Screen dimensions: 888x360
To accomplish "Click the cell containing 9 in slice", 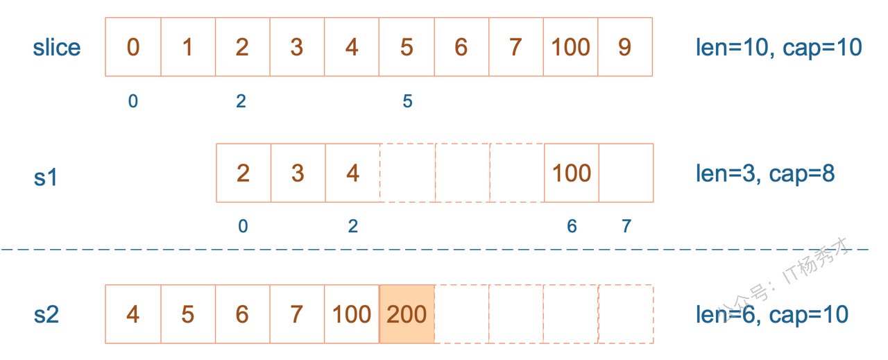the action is pos(625,46).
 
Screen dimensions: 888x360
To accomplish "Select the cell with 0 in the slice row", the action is pos(133,46).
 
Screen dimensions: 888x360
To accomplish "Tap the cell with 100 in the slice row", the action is pos(570,46).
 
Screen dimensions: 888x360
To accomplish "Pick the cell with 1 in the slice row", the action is pos(188,46).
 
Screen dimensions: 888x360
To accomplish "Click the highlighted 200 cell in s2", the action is pos(407,314).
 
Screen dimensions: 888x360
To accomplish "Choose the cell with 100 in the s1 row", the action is pos(572,173).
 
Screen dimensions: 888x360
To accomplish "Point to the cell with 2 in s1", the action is pos(244,173).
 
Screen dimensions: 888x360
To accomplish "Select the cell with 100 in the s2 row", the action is pos(352,314).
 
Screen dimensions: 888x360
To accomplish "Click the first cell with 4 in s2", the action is pos(133,314).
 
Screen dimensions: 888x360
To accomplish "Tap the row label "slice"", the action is pos(57,48).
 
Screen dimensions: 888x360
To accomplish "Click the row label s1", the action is pos(46,177).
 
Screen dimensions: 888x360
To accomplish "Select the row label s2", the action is pos(46,315).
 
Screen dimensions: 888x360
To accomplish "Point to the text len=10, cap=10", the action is pos(779,48).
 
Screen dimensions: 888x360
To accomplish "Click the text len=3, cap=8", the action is pos(765,173).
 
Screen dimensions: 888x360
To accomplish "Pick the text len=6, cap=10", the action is pos(772,315).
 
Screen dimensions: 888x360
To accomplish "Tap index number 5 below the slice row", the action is pos(407,101).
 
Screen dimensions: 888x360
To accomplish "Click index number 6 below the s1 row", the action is pos(572,226).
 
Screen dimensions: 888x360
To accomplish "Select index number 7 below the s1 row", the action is pos(626,226).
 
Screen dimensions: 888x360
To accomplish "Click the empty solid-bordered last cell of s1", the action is pos(626,173).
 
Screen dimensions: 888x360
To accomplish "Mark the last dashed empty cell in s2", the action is pos(626,314).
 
